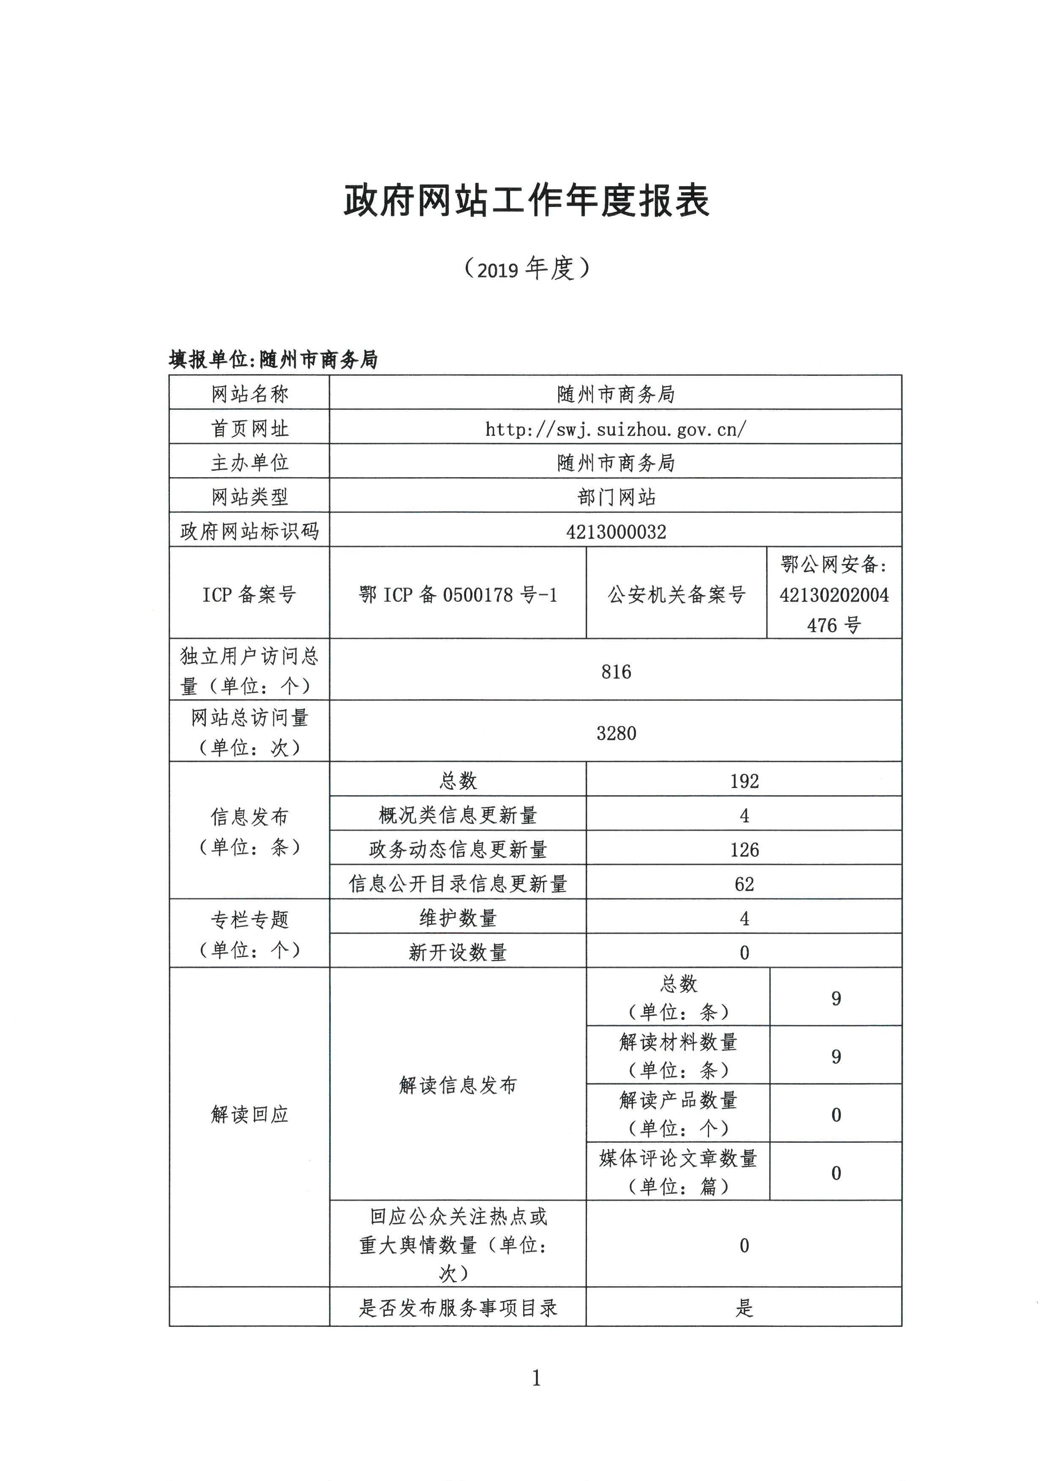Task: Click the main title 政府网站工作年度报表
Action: click(x=526, y=200)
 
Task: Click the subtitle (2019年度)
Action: click(x=526, y=268)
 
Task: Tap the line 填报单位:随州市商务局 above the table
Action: click(x=273, y=359)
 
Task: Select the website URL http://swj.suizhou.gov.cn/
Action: click(x=616, y=429)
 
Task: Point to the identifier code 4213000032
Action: click(x=616, y=532)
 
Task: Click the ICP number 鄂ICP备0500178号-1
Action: click(x=458, y=594)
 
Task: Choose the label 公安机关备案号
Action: click(x=676, y=594)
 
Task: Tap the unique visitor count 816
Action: click(x=616, y=671)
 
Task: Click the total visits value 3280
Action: click(x=616, y=733)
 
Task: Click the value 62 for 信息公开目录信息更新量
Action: click(x=744, y=884)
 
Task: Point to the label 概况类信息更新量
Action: click(x=458, y=815)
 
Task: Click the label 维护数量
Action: click(x=458, y=918)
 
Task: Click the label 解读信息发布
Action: click(x=458, y=1085)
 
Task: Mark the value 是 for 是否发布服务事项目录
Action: click(x=744, y=1307)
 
